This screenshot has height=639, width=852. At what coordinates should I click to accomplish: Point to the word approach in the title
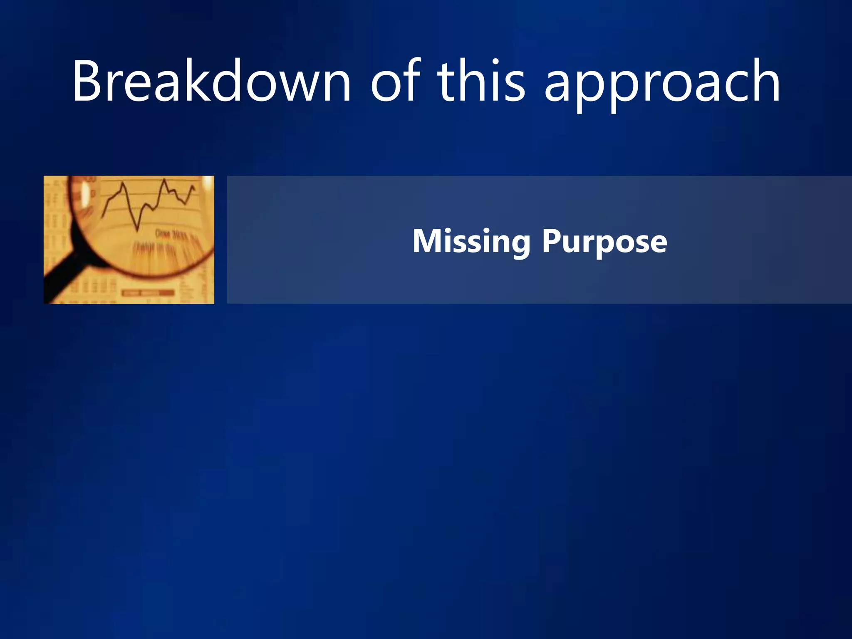(x=662, y=83)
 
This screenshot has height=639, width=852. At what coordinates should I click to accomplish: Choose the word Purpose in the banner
(x=604, y=242)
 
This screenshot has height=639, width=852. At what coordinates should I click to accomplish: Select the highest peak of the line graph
(x=165, y=180)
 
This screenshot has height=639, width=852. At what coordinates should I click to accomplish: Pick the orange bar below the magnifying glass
(x=148, y=293)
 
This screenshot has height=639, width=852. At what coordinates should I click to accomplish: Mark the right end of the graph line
(x=194, y=188)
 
